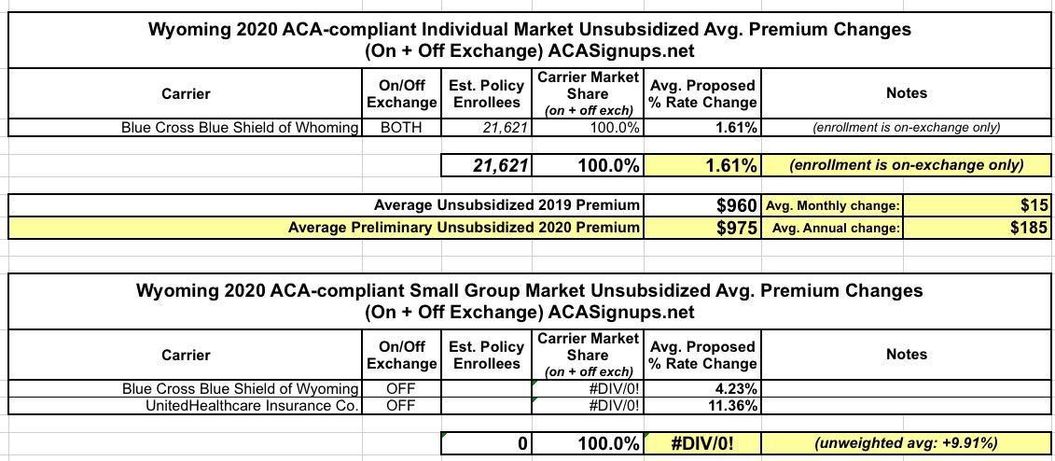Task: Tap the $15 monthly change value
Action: pos(1034,205)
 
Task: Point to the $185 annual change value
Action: pos(1028,228)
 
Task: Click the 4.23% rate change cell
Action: pos(736,388)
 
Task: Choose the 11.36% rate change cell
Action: pos(732,406)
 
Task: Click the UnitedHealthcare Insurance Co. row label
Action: pos(252,406)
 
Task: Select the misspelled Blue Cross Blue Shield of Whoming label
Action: pos(240,127)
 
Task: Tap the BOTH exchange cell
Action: pos(401,127)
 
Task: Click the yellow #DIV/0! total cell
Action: pos(701,443)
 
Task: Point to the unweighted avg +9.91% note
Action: pos(906,443)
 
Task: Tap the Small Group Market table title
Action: pos(529,300)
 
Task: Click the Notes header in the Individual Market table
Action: pos(906,92)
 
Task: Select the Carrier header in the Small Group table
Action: pos(186,355)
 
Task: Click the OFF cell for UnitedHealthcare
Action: pos(401,406)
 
